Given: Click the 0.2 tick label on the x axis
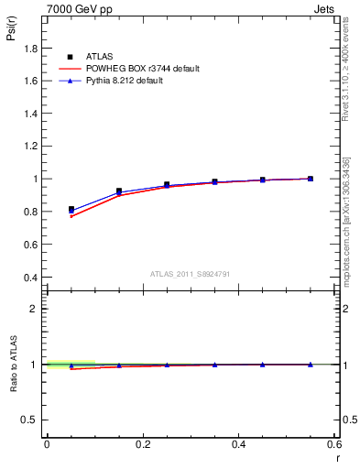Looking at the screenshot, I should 142,444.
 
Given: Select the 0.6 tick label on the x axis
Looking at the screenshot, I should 334,444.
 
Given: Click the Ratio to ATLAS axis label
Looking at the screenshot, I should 14,364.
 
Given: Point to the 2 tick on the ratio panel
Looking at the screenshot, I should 33,309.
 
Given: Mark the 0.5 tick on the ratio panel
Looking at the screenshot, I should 29,420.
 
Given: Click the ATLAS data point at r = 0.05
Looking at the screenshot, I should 71,210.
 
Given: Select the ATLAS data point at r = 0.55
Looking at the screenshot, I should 311,179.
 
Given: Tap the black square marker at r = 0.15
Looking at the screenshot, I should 119,191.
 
